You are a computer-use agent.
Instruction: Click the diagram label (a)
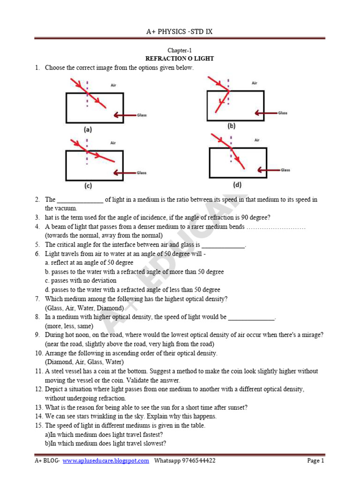(88, 130)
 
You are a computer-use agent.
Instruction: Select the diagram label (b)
(231, 126)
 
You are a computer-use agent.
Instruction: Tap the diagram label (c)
(88, 186)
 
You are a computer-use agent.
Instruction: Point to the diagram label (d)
(238, 184)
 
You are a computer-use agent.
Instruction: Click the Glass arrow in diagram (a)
(124, 115)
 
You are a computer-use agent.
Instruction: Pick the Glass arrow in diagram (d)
(268, 170)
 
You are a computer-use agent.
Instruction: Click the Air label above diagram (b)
(255, 83)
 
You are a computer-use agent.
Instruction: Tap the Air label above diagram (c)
(113, 142)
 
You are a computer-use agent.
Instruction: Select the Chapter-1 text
(180, 51)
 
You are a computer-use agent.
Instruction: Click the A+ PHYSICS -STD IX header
(180, 32)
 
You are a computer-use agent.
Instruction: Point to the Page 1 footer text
(315, 461)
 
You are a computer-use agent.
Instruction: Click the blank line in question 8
(251, 317)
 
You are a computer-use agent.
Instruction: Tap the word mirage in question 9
(311, 335)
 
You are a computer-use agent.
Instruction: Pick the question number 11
(38, 371)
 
